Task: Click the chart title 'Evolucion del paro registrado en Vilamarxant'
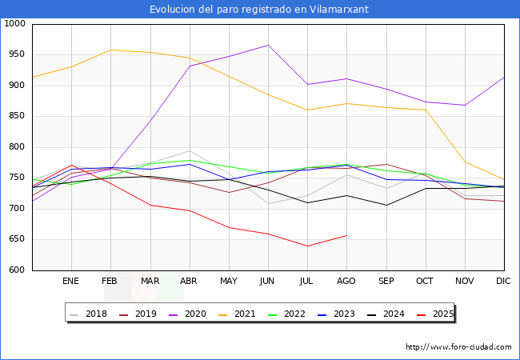[260, 9]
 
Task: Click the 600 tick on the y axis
[18, 270]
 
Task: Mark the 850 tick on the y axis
[18, 116]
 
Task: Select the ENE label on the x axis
[71, 282]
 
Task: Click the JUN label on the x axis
[267, 282]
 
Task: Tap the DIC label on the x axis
[503, 282]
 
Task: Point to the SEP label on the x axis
[386, 282]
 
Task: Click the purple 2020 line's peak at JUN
[267, 45]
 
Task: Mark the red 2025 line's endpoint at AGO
[346, 235]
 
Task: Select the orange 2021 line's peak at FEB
[110, 50]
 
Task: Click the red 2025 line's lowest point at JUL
[307, 246]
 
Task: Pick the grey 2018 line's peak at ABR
[189, 151]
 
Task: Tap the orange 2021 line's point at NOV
[464, 162]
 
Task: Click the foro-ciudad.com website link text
[458, 347]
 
